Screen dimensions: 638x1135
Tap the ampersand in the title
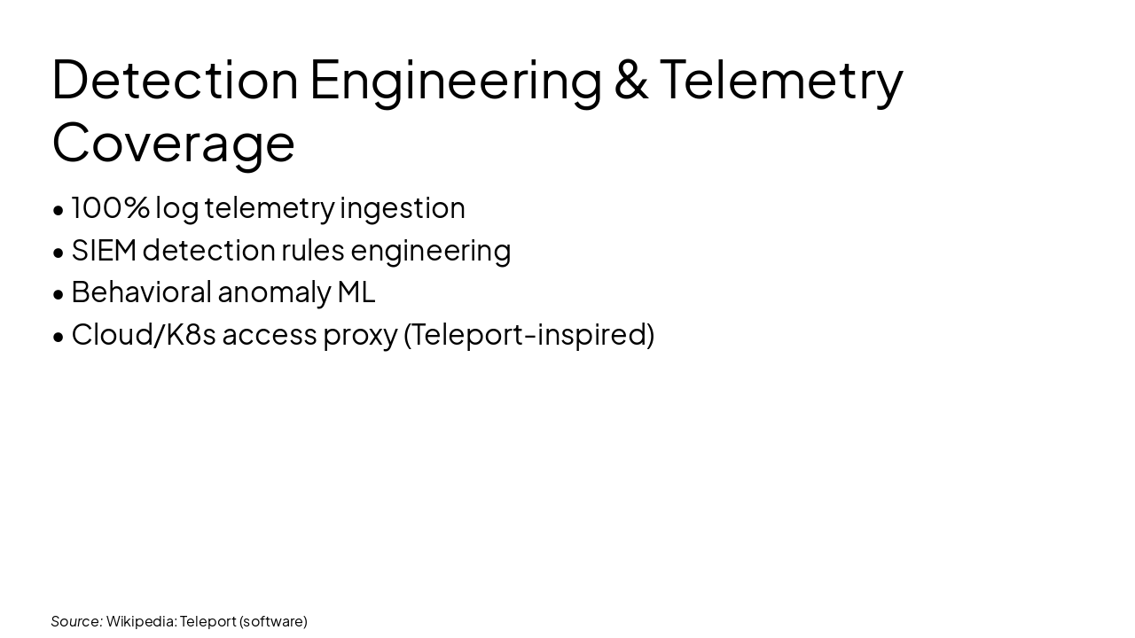click(630, 79)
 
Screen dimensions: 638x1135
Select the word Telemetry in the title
click(781, 79)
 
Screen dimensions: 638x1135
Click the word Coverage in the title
click(174, 142)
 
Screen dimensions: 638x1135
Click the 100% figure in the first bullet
click(110, 207)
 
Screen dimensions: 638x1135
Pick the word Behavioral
click(141, 292)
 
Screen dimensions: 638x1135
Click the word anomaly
click(273, 292)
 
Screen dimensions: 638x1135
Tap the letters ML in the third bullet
click(356, 292)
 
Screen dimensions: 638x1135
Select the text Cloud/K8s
click(144, 334)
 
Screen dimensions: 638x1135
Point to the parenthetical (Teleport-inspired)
click(528, 335)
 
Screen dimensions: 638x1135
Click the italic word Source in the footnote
click(76, 621)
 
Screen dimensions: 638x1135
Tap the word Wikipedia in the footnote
click(141, 621)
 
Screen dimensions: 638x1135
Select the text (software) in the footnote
click(273, 621)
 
